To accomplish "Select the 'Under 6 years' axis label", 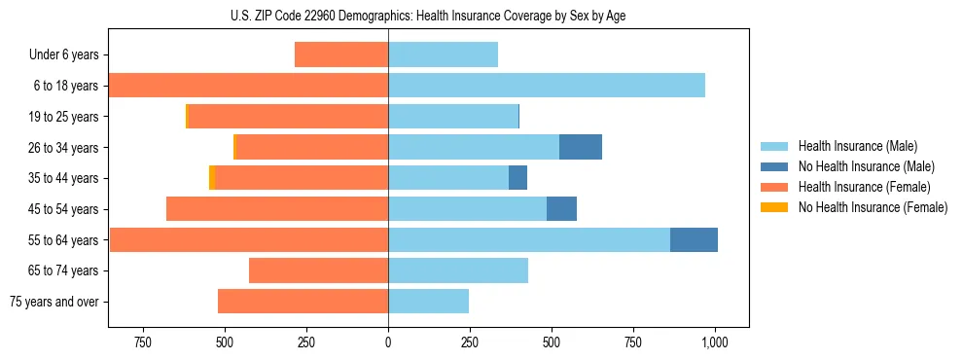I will click(x=63, y=54).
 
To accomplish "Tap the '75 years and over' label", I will click(x=54, y=302).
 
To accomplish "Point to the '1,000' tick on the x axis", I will click(x=715, y=342).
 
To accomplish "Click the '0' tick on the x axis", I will click(x=388, y=342).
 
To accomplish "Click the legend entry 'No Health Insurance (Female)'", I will click(x=873, y=207).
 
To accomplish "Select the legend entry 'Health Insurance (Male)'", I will click(x=858, y=146).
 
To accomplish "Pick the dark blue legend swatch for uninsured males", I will click(x=775, y=166).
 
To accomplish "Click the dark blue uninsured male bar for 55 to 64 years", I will click(x=694, y=239).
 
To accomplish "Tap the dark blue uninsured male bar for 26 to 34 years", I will click(x=581, y=147).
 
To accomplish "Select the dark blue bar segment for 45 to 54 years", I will click(x=561, y=208).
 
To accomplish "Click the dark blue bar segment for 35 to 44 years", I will click(x=517, y=178).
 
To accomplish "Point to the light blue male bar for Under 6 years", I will click(x=443, y=54).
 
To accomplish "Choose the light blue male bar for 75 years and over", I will click(x=428, y=302).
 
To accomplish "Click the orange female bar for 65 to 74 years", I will click(x=318, y=270).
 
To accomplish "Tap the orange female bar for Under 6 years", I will click(x=341, y=54).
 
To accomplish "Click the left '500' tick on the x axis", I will click(x=225, y=342).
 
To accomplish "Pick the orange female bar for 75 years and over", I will click(x=303, y=302).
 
